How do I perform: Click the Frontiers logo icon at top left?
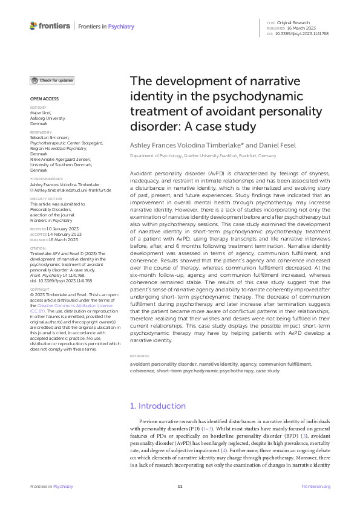pyautogui.click(x=33, y=26)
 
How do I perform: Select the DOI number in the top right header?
pyautogui.click(x=303, y=33)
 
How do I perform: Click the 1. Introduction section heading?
pyautogui.click(x=158, y=406)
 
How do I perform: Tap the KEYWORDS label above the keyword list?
pyautogui.click(x=140, y=357)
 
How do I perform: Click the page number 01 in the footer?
pyautogui.click(x=180, y=486)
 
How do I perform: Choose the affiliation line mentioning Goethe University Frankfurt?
pyautogui.click(x=200, y=156)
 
